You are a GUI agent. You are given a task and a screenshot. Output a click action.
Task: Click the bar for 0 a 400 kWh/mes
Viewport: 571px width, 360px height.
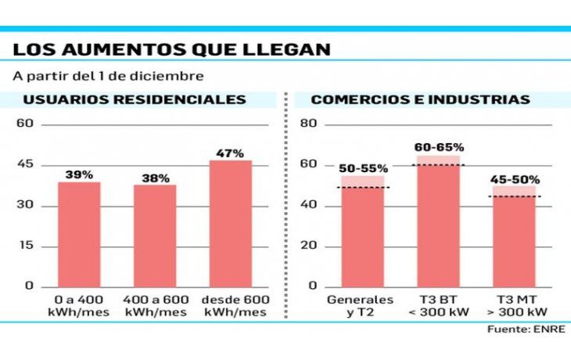tap(79, 235)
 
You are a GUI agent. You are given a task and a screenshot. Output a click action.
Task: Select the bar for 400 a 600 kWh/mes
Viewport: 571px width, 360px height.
tap(155, 236)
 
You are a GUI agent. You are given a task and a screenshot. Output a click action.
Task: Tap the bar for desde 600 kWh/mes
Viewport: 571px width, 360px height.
tap(231, 224)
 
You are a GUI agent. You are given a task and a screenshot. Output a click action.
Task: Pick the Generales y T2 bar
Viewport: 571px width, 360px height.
tap(362, 235)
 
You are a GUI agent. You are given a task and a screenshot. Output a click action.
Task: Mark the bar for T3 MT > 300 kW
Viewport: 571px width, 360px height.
tap(514, 239)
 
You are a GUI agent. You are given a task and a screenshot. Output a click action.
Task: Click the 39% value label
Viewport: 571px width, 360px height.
tap(79, 174)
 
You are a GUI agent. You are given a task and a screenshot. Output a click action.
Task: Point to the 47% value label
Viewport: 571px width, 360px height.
tap(231, 153)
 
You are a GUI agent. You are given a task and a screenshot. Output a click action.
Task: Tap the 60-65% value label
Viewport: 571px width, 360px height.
tap(439, 147)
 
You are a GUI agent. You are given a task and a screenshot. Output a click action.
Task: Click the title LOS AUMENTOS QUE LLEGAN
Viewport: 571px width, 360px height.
tap(171, 49)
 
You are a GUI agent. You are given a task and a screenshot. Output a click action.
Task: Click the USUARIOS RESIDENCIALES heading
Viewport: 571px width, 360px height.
tap(135, 100)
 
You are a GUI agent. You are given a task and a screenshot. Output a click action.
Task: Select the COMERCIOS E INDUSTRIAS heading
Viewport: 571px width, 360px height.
tap(420, 100)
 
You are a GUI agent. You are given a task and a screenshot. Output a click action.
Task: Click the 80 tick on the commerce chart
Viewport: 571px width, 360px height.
tap(308, 124)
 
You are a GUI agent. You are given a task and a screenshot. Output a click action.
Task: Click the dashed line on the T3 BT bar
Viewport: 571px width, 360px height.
tap(438, 165)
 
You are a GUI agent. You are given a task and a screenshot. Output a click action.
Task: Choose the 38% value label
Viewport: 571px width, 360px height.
tap(155, 178)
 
